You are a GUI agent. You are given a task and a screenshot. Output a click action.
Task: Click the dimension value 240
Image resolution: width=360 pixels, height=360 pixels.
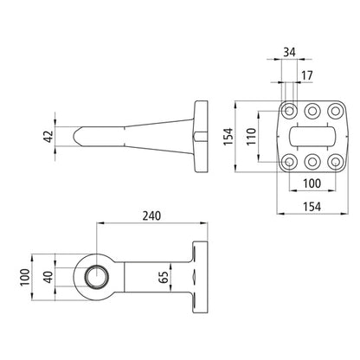pos(151,215)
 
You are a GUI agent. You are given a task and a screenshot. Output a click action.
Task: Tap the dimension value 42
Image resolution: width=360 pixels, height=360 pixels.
pos(48,137)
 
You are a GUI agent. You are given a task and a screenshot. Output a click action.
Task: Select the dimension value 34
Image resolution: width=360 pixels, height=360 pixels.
pos(289,52)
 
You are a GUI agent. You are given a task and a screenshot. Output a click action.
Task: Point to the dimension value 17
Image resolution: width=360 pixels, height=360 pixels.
pos(307,75)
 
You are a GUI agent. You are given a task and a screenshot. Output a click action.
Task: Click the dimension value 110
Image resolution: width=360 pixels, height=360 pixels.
pos(251,137)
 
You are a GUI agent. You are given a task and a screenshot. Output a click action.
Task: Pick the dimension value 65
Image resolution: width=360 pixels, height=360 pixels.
pos(164,277)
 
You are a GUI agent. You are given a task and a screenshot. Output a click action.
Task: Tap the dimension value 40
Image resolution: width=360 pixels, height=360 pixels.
pos(48,277)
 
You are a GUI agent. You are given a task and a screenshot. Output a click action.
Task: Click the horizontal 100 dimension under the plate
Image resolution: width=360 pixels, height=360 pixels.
pos(312,183)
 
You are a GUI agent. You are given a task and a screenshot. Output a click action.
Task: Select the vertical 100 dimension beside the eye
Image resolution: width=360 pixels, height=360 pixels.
pos(25,277)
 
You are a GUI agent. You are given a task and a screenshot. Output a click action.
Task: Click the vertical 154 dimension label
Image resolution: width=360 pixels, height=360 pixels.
pos(228,137)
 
